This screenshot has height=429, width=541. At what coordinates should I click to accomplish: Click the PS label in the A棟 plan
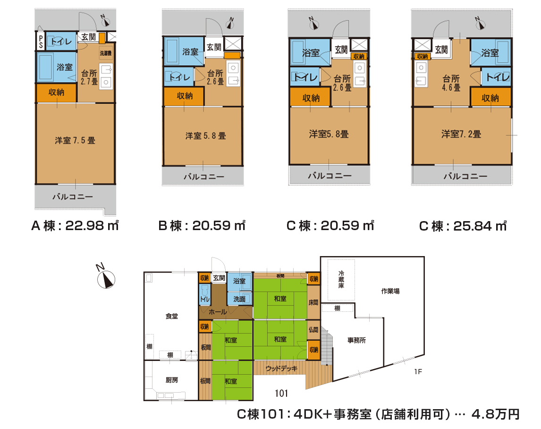pyautogui.click(x=41, y=42)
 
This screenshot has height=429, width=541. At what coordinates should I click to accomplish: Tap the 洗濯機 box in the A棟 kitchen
pyautogui.click(x=106, y=53)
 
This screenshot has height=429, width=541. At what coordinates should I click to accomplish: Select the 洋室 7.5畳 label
pyautogui.click(x=75, y=141)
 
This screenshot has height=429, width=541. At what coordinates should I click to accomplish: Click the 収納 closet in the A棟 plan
pyautogui.click(x=56, y=93)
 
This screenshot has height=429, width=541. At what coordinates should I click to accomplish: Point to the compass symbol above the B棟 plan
pyautogui.click(x=230, y=24)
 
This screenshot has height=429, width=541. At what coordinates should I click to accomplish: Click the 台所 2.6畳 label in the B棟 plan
pyautogui.click(x=215, y=77)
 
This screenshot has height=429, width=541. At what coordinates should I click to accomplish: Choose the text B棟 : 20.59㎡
pyautogui.click(x=202, y=225)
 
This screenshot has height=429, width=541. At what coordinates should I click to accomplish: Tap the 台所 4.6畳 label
pyautogui.click(x=451, y=83)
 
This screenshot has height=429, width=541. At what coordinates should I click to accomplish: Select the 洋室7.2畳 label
pyautogui.click(x=461, y=134)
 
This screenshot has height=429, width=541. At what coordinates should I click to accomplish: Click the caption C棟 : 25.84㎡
pyautogui.click(x=463, y=226)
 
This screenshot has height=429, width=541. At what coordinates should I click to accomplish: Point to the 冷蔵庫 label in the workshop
pyautogui.click(x=341, y=279)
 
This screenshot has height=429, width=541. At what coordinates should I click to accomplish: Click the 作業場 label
pyautogui.click(x=390, y=291)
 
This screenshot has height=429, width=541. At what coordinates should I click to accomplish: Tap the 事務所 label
pyautogui.click(x=356, y=340)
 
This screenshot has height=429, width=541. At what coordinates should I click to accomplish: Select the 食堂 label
pyautogui.click(x=171, y=316)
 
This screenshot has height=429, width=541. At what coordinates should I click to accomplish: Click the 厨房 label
pyautogui.click(x=171, y=380)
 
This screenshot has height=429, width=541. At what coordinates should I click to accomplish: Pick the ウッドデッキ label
pyautogui.click(x=281, y=369)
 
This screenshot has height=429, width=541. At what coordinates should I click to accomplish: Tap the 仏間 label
pyautogui.click(x=313, y=330)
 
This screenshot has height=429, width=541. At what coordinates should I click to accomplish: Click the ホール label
pyautogui.click(x=218, y=312)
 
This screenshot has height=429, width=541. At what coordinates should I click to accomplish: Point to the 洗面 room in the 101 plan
pyautogui.click(x=239, y=299)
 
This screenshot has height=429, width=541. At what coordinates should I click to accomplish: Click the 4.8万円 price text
pyautogui.click(x=496, y=414)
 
